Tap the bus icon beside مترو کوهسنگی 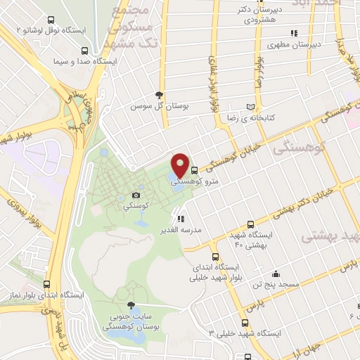tap(194, 169)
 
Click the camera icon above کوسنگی tap(136, 195)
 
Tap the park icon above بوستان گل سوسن tap(160, 95)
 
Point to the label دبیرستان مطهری tap(296, 45)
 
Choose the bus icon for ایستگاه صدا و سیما tap(85, 51)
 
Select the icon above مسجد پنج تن tap(277, 273)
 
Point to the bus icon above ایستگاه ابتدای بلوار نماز tap(47, 284)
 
